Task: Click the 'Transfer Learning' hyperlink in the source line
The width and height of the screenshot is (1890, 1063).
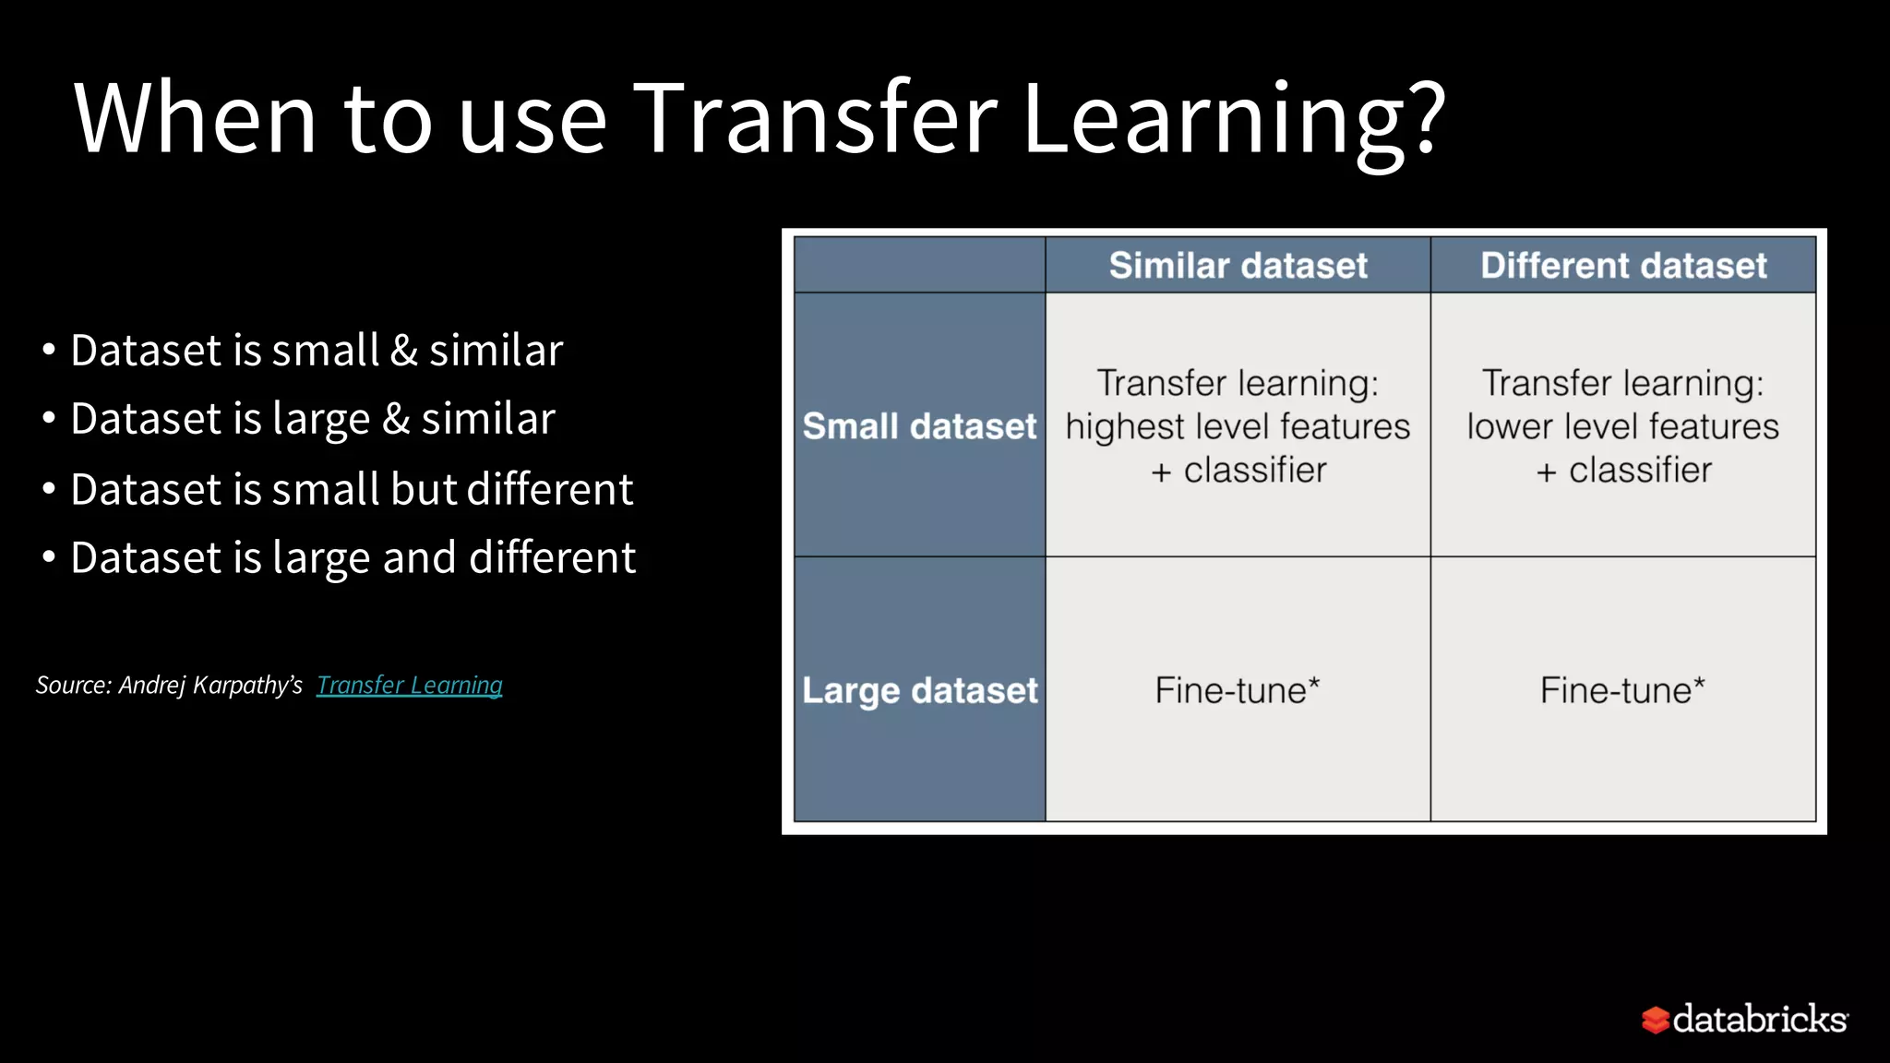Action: point(409,685)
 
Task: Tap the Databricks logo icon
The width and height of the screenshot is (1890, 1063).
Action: point(1655,1020)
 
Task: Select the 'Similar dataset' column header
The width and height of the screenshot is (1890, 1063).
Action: point(1238,266)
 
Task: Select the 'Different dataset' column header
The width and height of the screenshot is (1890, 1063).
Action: point(1623,266)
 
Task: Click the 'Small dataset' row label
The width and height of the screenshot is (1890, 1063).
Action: point(919,426)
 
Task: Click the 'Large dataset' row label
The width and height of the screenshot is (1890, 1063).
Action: point(919,690)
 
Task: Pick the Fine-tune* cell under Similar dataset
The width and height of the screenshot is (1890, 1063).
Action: point(1238,690)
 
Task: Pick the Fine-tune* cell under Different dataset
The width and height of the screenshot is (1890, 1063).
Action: point(1622,690)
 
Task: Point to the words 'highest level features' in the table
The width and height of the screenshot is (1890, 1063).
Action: point(1238,426)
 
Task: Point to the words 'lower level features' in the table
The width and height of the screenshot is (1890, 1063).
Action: point(1622,426)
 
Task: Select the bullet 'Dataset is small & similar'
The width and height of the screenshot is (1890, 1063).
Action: point(317,351)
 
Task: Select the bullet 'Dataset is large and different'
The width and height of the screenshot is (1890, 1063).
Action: point(353,557)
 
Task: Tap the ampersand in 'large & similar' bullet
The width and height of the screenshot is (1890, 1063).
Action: point(396,419)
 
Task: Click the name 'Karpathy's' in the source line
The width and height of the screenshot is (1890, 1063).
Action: point(247,685)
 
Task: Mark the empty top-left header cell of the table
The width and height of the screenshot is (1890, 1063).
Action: point(919,266)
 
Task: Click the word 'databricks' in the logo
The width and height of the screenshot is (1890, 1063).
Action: point(1759,1020)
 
